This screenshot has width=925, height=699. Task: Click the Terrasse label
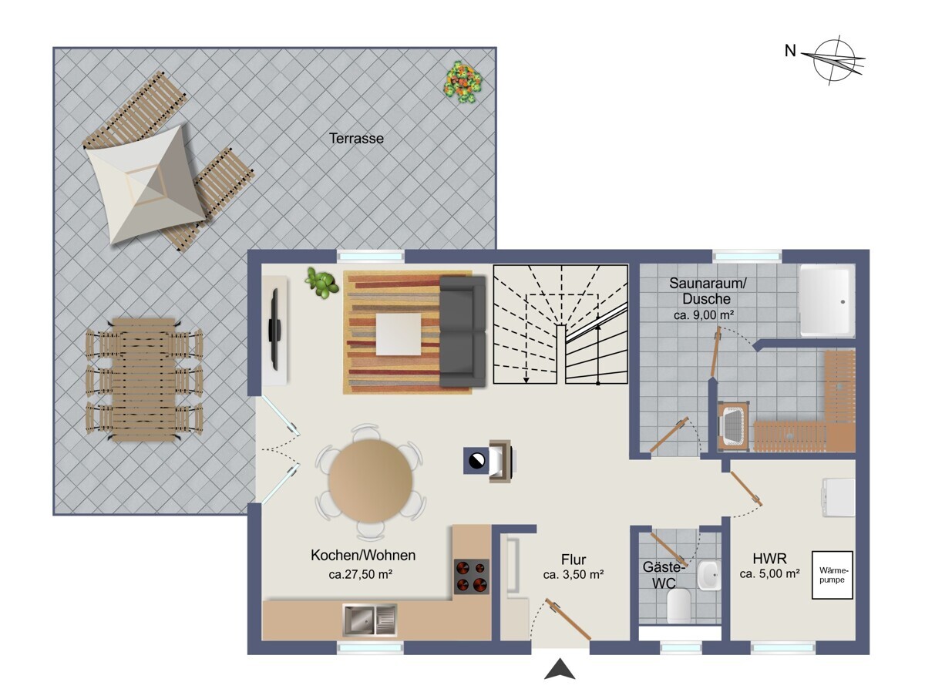point(356,139)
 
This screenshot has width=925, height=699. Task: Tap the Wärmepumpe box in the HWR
point(832,575)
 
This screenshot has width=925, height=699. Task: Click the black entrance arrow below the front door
point(560,669)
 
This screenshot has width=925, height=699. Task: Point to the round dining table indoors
point(371,481)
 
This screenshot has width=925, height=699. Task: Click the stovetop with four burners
point(472,576)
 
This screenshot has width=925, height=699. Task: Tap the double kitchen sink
point(369,620)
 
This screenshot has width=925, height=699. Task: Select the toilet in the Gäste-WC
point(679,606)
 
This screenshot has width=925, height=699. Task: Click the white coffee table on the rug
point(399,334)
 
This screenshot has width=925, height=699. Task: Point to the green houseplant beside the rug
point(322,282)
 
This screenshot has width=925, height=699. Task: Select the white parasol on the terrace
point(146,184)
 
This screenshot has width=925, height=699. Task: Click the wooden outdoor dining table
point(143,380)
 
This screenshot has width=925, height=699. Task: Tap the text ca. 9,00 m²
point(705,314)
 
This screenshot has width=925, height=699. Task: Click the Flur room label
point(573,560)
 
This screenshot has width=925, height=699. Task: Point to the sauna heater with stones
point(734,425)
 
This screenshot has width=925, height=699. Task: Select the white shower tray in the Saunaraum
point(827,301)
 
